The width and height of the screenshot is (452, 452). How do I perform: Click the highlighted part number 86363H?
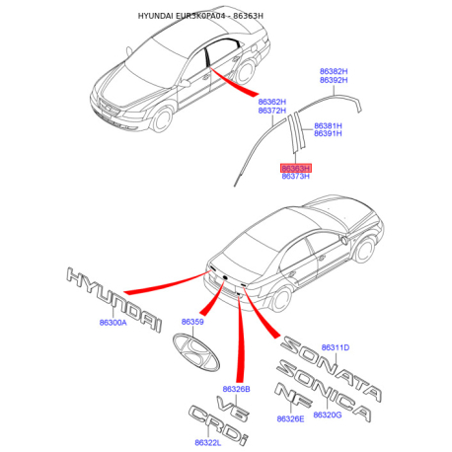pyautogui.click(x=295, y=169)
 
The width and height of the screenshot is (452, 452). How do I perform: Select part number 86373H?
pyautogui.click(x=295, y=177)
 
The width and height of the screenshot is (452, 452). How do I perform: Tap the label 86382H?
pyautogui.click(x=334, y=71)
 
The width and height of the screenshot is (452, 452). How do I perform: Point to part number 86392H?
pyautogui.click(x=334, y=80)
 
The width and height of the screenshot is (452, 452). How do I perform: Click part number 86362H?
pyautogui.click(x=272, y=102)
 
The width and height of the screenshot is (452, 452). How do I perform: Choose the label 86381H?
pyautogui.click(x=328, y=125)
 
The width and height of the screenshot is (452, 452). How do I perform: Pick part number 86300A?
pyautogui.click(x=113, y=323)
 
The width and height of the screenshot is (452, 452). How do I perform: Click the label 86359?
pyautogui.click(x=192, y=322)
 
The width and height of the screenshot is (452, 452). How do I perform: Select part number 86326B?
pyautogui.click(x=236, y=389)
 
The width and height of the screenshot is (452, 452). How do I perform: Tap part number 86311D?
pyautogui.click(x=336, y=347)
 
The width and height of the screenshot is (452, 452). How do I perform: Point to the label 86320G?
pyautogui.click(x=328, y=415)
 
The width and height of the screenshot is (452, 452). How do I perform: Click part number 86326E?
pyautogui.click(x=290, y=418)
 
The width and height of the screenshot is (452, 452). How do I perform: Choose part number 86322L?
pyautogui.click(x=208, y=443)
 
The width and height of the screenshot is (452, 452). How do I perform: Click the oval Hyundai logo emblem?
pyautogui.click(x=196, y=352)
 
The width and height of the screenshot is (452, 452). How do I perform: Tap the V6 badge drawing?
pyautogui.click(x=233, y=408)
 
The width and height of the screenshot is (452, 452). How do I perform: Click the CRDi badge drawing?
pyautogui.click(x=218, y=424)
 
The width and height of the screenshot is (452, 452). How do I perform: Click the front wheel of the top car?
pyautogui.click(x=162, y=119)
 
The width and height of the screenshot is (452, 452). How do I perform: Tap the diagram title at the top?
pyautogui.click(x=200, y=16)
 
